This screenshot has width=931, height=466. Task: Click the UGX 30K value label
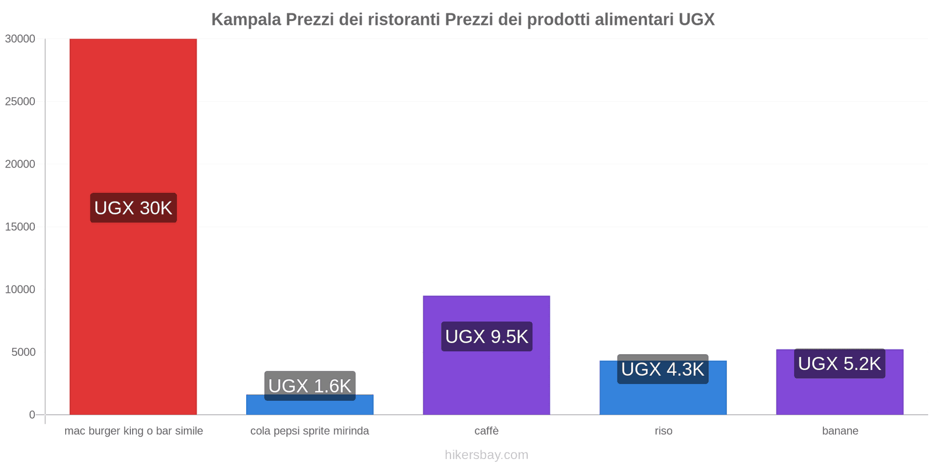133,208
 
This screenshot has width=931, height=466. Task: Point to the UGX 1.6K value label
310,386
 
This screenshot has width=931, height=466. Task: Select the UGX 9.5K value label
486,337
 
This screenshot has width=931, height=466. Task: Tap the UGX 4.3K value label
663,369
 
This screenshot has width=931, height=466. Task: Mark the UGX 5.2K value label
840,363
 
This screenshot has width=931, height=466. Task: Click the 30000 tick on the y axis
20,39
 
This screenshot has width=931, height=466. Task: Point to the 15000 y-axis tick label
20,227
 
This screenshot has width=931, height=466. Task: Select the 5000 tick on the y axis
23,352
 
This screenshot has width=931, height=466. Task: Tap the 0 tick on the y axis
32,415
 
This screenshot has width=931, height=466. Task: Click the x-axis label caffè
486,431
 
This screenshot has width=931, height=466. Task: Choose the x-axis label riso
663,431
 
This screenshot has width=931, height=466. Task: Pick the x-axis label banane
840,431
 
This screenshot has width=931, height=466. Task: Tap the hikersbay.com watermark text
486,455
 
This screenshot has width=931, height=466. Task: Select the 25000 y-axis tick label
20,102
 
